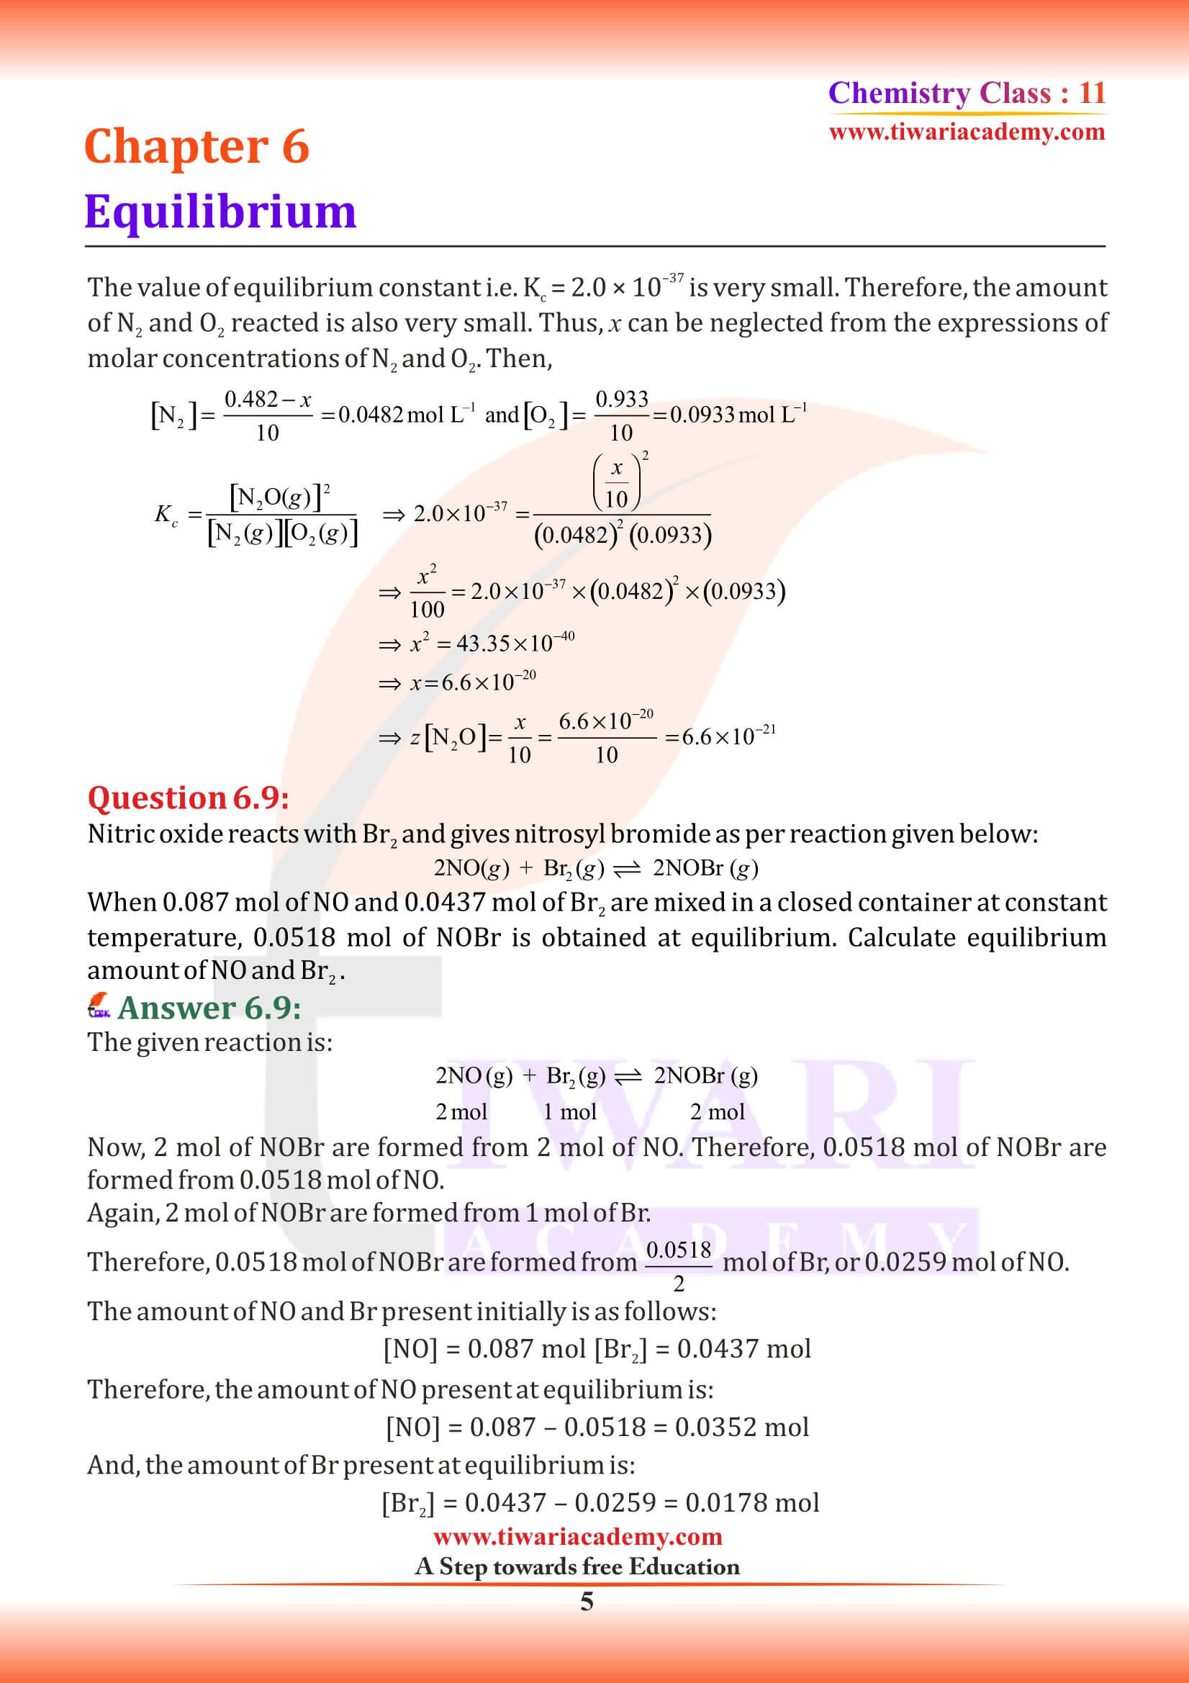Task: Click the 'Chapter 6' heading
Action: point(196,146)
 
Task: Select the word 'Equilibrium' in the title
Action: point(220,212)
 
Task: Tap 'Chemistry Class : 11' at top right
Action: point(966,93)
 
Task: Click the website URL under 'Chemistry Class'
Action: point(966,132)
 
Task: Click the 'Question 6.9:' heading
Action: point(188,798)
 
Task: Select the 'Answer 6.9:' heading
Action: point(209,1008)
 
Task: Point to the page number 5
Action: point(587,1602)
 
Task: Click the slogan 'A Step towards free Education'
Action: point(577,1566)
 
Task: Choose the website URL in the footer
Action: point(577,1536)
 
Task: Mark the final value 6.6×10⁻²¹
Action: point(728,736)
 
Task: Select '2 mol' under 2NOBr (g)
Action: point(716,1112)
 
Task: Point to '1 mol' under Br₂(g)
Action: point(569,1112)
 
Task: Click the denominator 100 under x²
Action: point(427,609)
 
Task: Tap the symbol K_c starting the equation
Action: point(166,515)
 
